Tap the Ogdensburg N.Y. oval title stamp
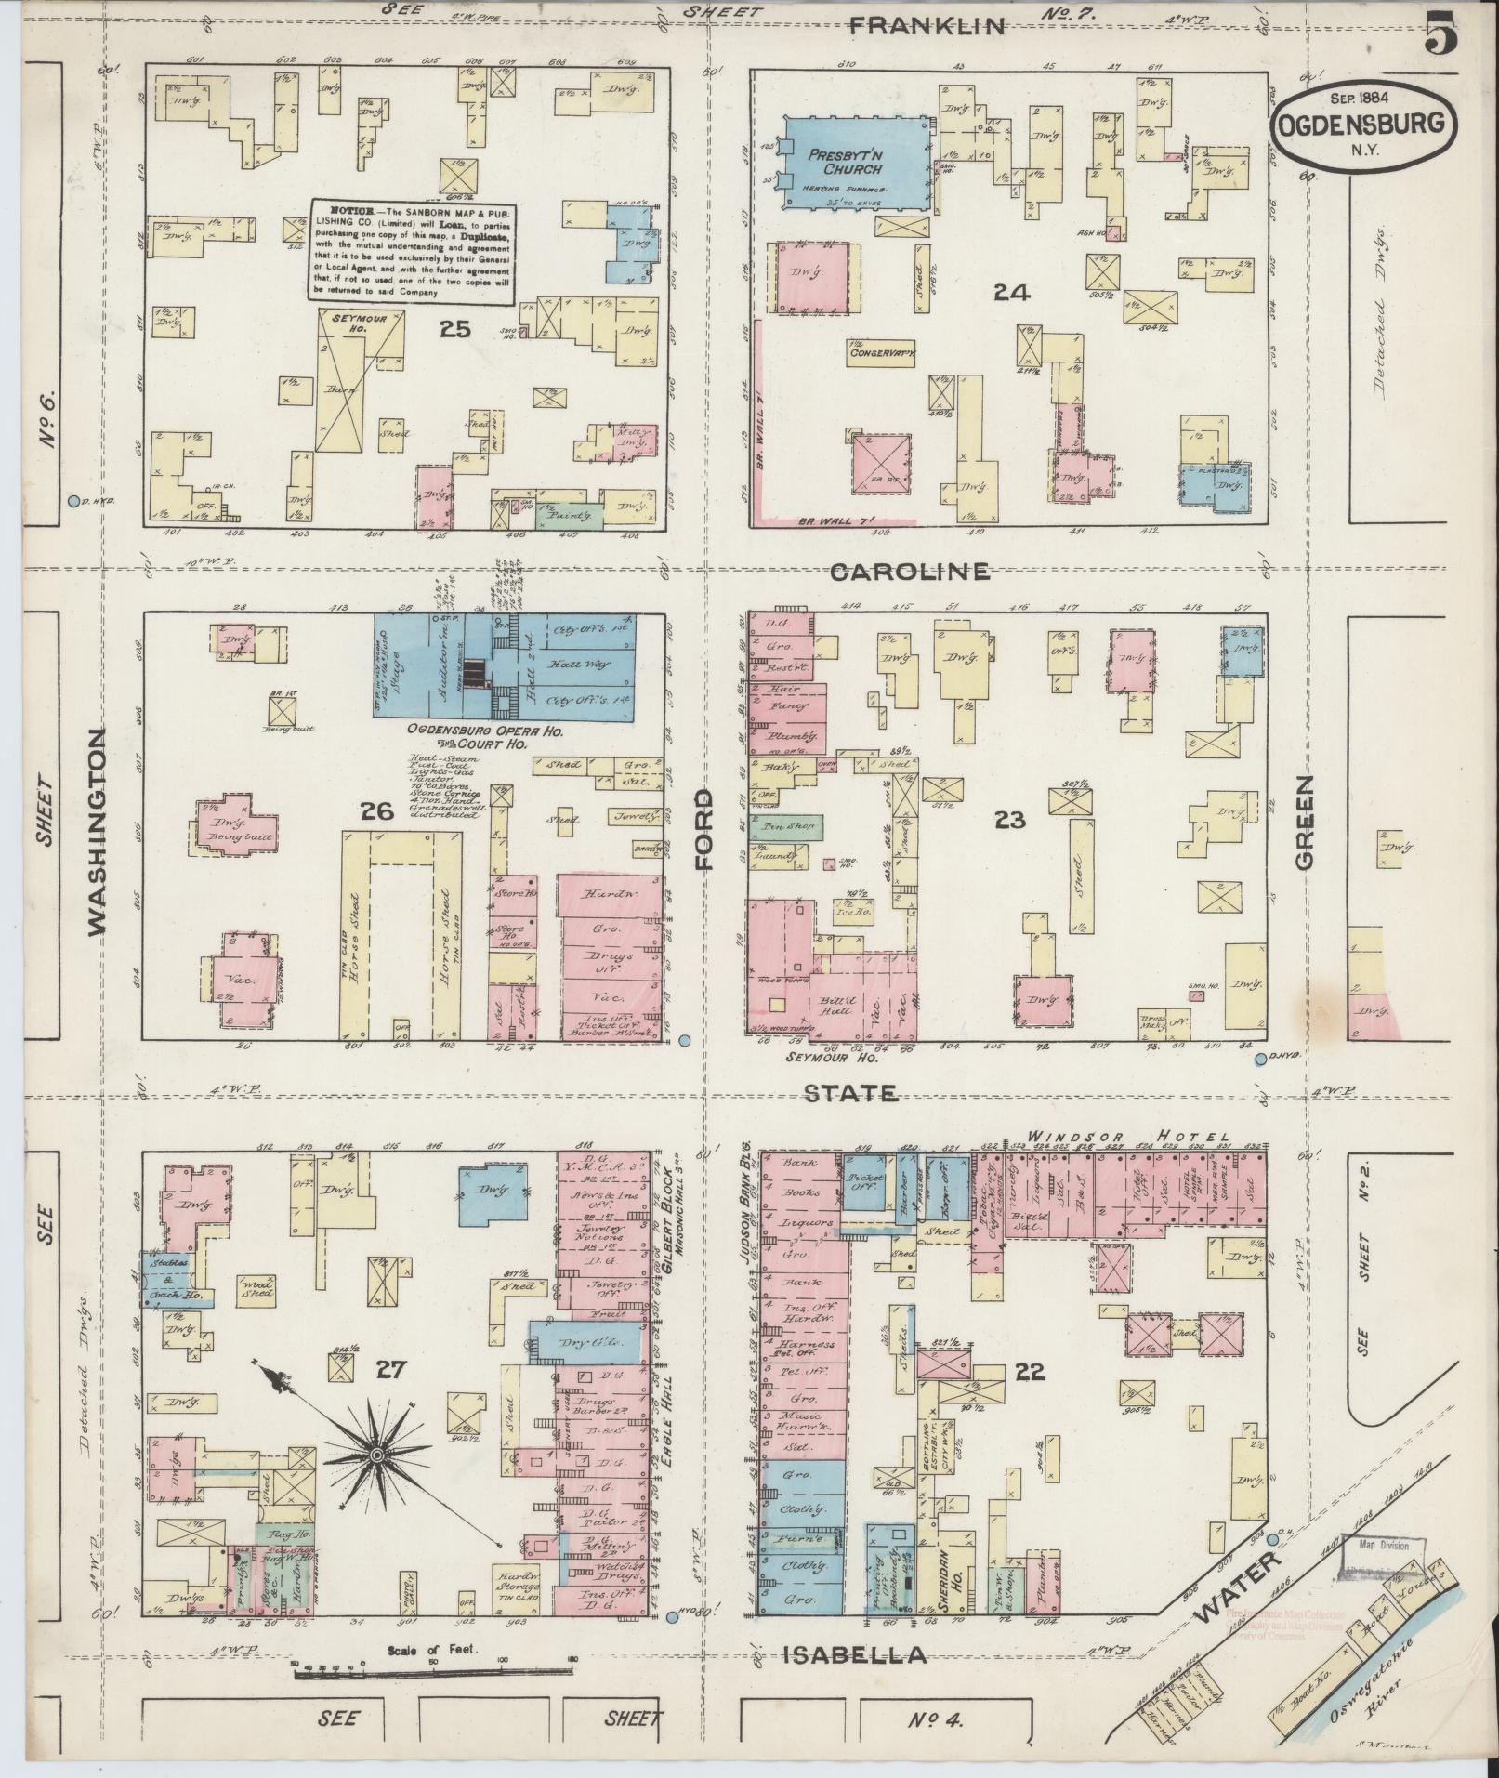click(1362, 122)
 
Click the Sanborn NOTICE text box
click(412, 252)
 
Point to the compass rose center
click(378, 1480)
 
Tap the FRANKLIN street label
click(928, 26)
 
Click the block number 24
click(1011, 294)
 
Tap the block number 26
click(377, 812)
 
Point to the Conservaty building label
click(882, 352)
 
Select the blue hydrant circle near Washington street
click(73, 502)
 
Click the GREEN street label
click(1307, 821)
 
